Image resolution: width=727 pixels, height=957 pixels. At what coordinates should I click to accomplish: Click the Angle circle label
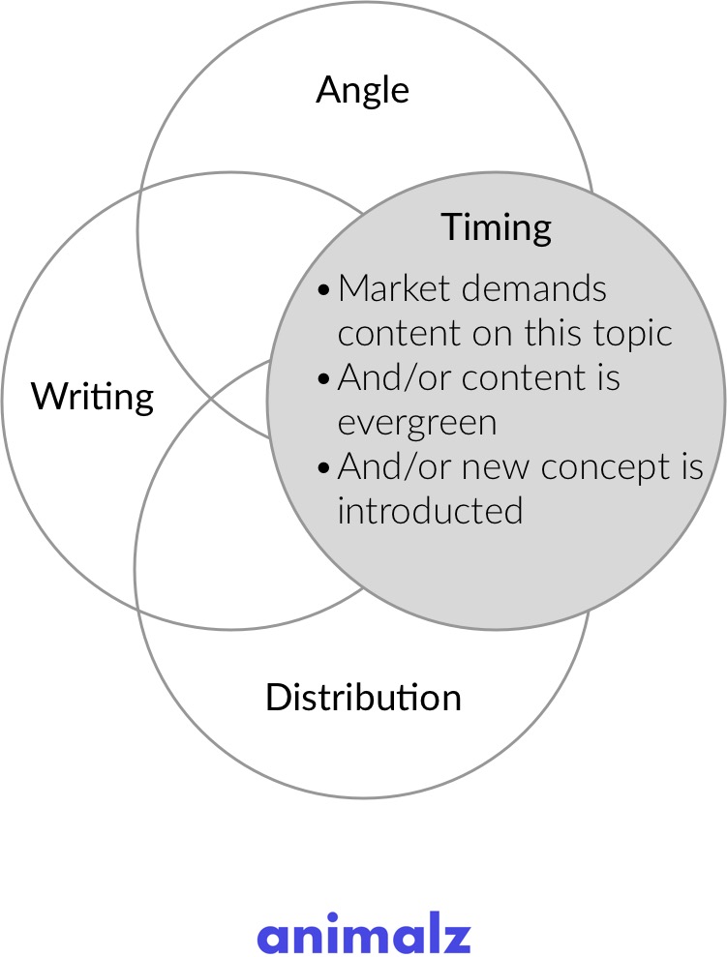[x=363, y=91]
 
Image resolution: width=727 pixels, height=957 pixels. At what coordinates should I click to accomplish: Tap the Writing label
[x=92, y=396]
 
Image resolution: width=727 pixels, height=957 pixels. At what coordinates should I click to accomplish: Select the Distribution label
[x=363, y=697]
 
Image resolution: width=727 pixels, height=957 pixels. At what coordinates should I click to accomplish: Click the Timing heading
[x=497, y=227]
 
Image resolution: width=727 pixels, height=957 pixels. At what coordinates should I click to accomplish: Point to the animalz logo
[x=364, y=936]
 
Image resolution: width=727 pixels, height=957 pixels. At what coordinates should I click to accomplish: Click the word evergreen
[x=417, y=423]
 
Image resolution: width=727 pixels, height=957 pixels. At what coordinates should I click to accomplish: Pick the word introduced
[x=430, y=510]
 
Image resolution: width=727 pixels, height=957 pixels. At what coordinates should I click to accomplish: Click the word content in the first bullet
[x=399, y=333]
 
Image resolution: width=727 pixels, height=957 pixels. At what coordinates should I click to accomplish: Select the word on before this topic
[x=493, y=334]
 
